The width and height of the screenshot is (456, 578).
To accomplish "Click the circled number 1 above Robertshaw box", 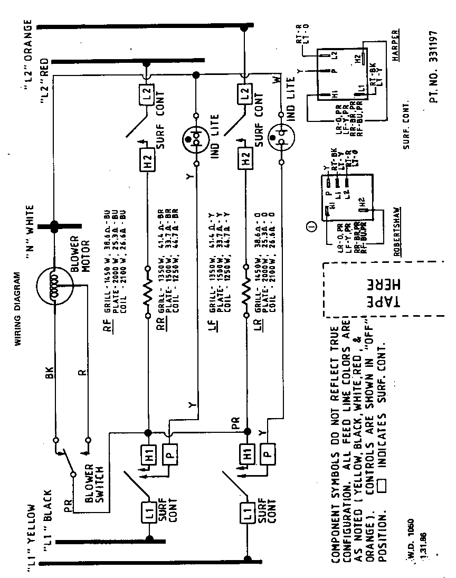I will tap(311, 227).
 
